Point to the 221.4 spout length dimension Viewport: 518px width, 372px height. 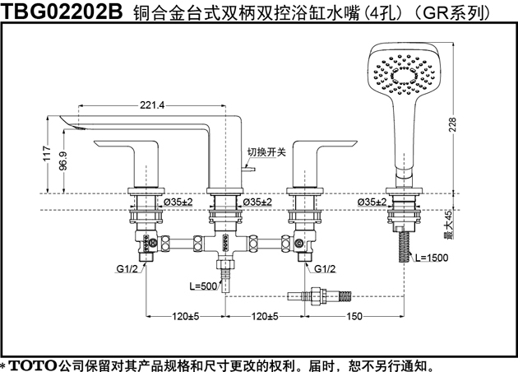point(152,105)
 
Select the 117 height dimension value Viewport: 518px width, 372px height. point(48,153)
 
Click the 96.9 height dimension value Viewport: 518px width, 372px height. point(62,160)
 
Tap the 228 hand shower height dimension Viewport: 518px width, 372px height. point(452,124)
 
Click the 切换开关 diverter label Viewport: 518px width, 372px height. point(266,152)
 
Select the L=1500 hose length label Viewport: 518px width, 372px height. point(432,258)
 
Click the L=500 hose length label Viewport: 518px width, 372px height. point(203,286)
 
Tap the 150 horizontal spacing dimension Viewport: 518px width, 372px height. point(354,317)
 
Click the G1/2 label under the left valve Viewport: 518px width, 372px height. point(127,269)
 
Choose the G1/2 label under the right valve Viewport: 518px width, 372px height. point(325,269)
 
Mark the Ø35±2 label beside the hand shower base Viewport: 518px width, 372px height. point(372,202)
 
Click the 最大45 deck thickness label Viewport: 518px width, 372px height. point(448,224)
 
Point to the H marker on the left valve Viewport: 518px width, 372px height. point(153,244)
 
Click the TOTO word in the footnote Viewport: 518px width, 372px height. point(32,365)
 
